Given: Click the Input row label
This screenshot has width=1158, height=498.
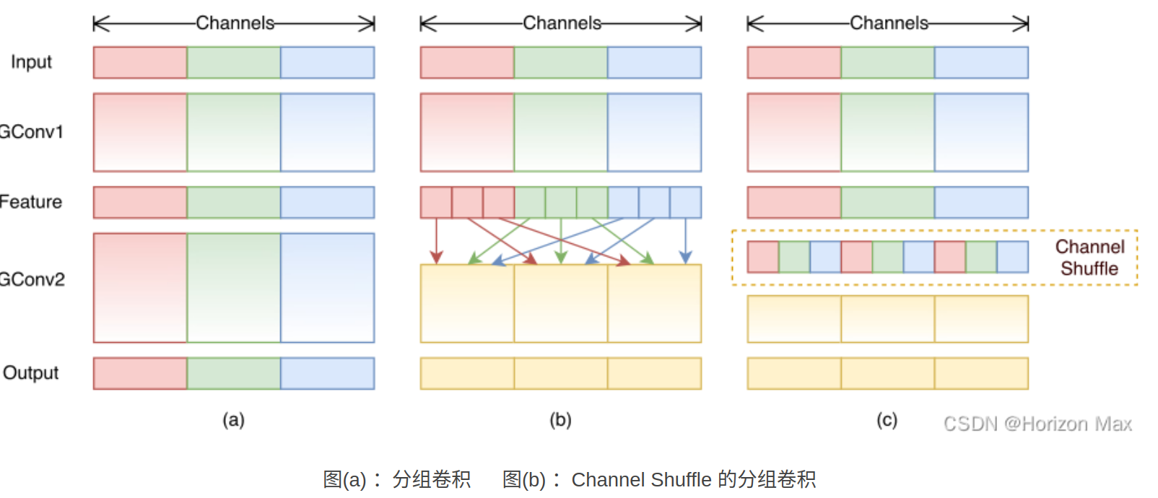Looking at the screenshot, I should [31, 62].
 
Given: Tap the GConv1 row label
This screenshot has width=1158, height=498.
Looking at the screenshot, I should [32, 132].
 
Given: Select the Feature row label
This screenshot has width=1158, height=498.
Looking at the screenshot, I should [31, 202].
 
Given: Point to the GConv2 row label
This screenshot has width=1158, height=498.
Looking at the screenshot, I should [32, 279].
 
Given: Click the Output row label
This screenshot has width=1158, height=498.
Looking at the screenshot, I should [31, 373].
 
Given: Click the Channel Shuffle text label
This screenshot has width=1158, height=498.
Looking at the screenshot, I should [1089, 258].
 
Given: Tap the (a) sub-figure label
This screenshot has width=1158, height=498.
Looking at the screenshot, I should [233, 420].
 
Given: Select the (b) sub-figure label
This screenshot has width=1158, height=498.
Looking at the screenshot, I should [560, 420].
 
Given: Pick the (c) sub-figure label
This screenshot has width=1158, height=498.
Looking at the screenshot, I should [887, 420].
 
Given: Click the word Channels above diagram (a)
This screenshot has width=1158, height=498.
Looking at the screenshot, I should [235, 23].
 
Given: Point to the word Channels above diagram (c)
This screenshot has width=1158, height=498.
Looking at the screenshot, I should [889, 23].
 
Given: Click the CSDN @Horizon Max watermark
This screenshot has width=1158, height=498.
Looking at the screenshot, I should [1037, 424].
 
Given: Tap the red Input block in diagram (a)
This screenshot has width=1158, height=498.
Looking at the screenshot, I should [140, 63].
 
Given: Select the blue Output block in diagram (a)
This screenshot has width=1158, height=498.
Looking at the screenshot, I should [327, 373].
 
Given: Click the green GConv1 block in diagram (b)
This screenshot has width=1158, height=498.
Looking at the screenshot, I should [560, 132].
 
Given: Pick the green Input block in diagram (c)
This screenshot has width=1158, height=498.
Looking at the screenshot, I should [887, 63].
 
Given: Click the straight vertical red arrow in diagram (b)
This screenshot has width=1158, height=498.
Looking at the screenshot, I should [436, 241].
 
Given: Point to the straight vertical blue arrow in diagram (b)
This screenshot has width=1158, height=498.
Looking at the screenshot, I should [685, 241].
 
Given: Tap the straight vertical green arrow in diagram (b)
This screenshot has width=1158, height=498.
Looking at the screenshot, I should [561, 241].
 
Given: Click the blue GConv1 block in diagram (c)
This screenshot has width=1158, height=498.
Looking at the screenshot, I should [981, 132].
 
